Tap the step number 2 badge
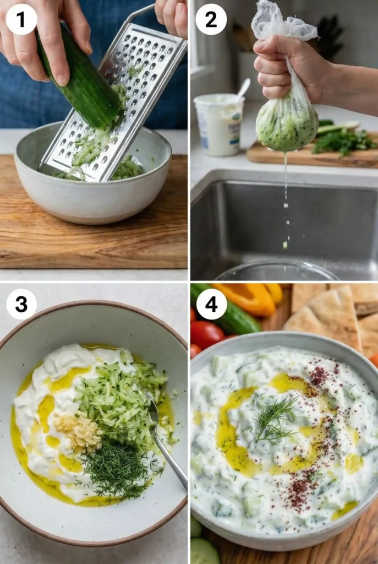pos(211,19)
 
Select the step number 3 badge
pos(21,304)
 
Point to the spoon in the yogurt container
pos(242,88)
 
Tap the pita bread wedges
pos(330,314)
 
